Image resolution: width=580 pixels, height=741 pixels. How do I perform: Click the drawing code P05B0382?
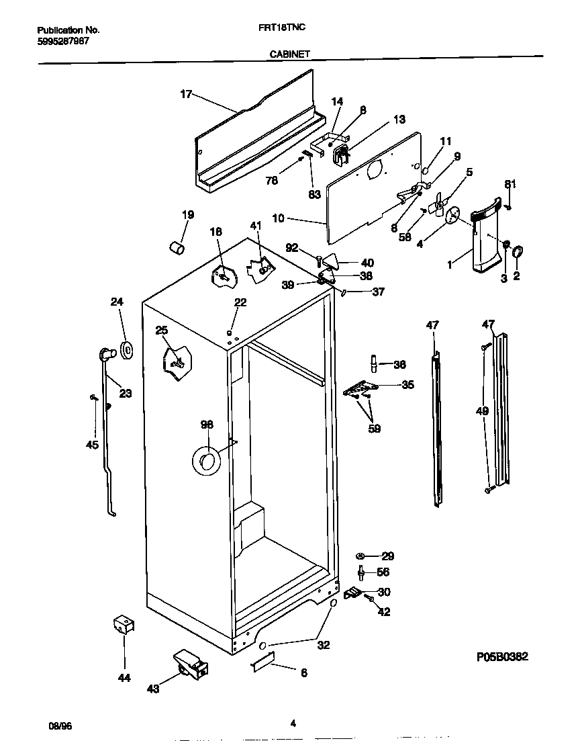point(496,657)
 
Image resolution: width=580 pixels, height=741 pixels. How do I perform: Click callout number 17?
point(186,95)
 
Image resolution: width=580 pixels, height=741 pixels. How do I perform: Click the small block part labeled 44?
point(123,625)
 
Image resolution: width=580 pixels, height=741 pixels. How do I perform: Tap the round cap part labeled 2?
point(518,253)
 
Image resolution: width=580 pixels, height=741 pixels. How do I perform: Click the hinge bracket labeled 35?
point(360,388)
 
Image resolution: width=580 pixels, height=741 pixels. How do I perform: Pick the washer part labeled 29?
point(361,556)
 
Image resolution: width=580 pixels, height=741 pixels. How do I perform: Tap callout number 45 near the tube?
point(92,445)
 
